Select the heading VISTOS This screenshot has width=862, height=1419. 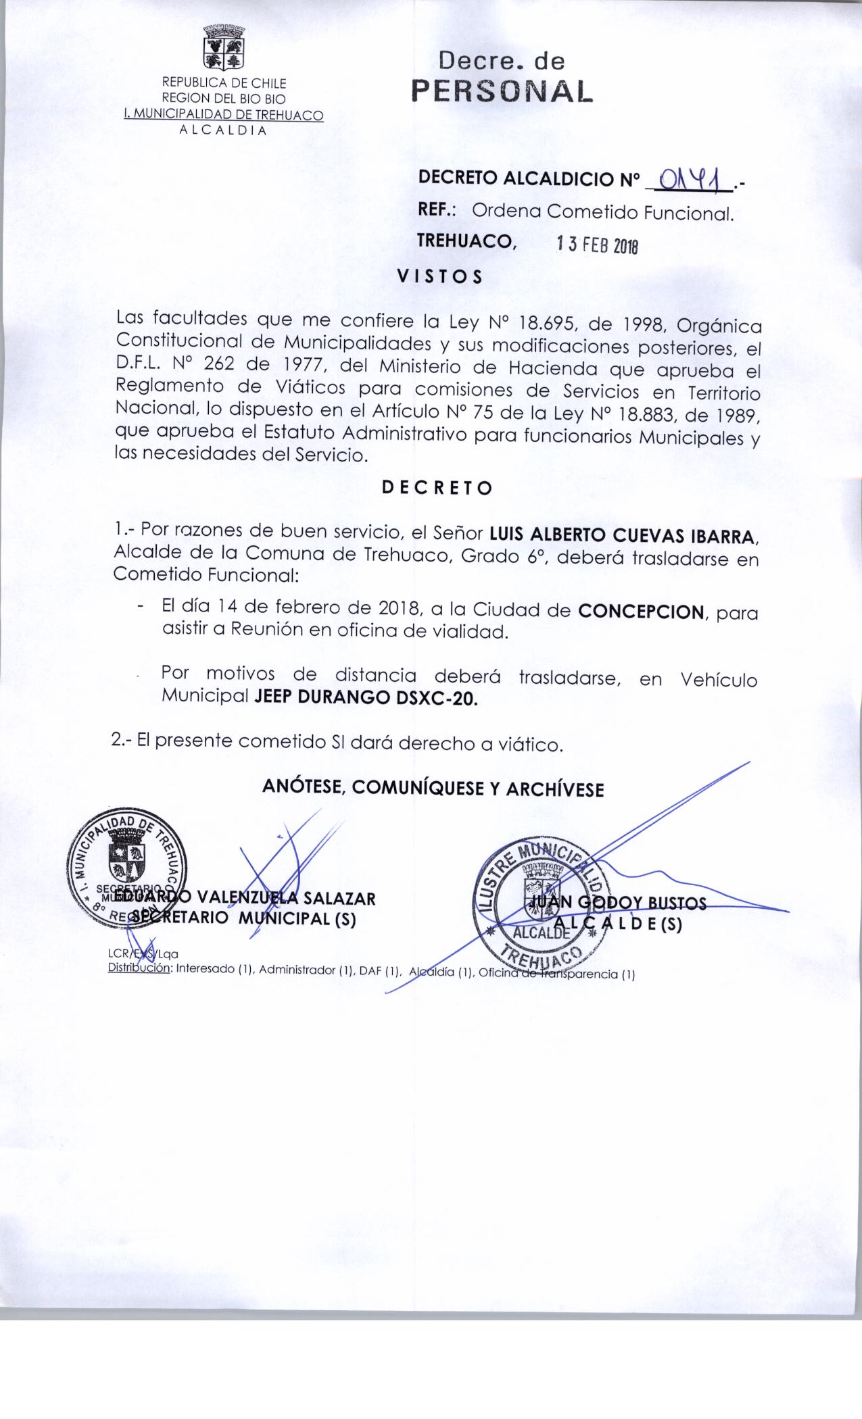439,276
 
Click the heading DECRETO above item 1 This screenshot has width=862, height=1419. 437,488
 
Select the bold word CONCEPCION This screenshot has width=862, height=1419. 641,612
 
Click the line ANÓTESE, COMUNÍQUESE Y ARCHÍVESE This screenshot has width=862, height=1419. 433,788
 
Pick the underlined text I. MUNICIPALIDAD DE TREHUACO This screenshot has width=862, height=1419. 223,115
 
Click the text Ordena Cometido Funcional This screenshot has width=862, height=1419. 602,213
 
